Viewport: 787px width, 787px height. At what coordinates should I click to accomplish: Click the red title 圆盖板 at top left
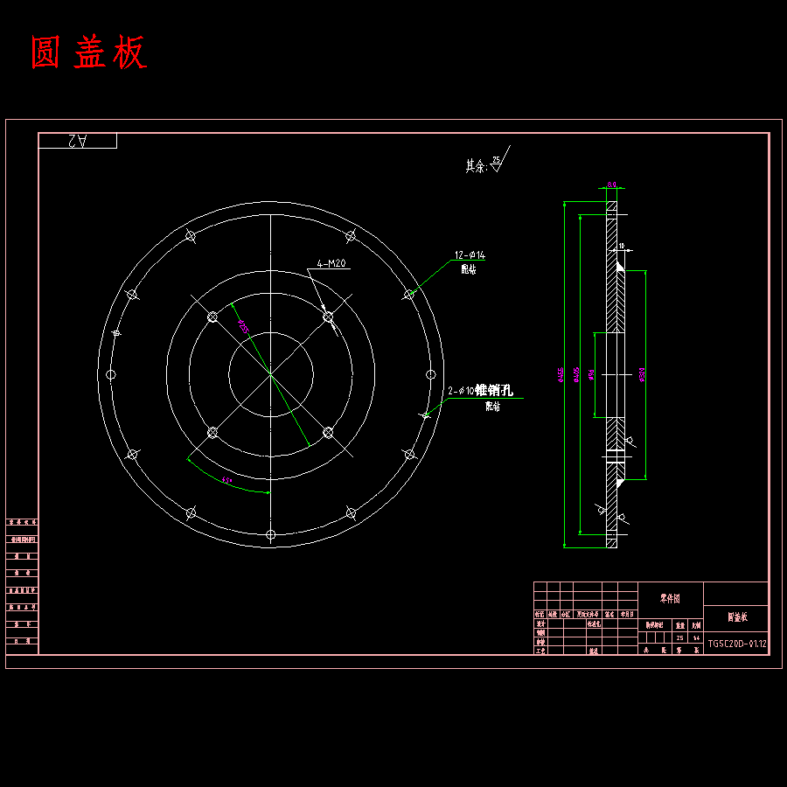pyautogui.click(x=88, y=53)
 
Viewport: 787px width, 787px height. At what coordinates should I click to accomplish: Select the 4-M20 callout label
pyautogui.click(x=332, y=263)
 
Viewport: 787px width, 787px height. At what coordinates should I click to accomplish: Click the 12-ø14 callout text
pyautogui.click(x=469, y=255)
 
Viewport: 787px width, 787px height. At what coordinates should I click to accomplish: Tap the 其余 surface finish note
pyautogui.click(x=476, y=164)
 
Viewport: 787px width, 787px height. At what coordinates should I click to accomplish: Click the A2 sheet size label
pyautogui.click(x=77, y=140)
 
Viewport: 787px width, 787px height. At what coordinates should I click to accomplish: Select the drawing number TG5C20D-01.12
pyautogui.click(x=736, y=644)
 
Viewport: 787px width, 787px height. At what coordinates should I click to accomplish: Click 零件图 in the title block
pyautogui.click(x=670, y=599)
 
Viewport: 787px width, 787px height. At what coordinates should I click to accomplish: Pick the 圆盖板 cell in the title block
pyautogui.click(x=736, y=617)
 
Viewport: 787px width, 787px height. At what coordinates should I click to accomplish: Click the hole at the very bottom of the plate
pyautogui.click(x=271, y=533)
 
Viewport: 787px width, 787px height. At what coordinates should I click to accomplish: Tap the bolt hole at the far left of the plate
pyautogui.click(x=111, y=374)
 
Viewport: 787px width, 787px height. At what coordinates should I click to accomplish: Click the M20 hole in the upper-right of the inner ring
pyautogui.click(x=328, y=317)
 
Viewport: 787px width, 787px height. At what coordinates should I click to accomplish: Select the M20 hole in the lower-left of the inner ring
pyautogui.click(x=212, y=432)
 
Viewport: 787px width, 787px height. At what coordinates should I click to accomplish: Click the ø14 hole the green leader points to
pyautogui.click(x=408, y=295)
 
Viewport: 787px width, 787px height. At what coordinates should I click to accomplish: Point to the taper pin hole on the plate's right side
pyautogui.click(x=426, y=415)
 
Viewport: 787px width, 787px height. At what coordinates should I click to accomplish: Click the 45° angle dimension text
pyautogui.click(x=226, y=480)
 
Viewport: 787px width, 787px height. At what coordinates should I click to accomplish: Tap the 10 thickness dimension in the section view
pyautogui.click(x=622, y=247)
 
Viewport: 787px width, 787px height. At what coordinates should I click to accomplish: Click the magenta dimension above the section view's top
pyautogui.click(x=611, y=185)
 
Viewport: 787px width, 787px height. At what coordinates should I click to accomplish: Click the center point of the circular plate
pyautogui.click(x=271, y=374)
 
